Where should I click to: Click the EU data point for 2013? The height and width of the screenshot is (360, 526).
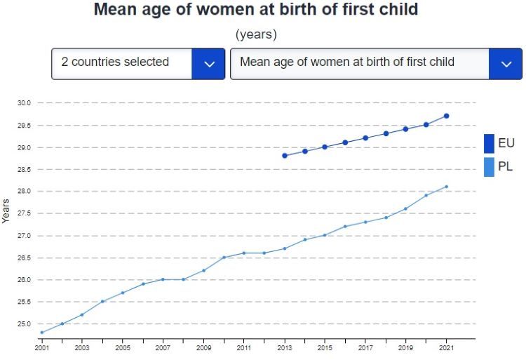(x=285, y=155)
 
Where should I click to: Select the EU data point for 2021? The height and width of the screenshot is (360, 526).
(x=446, y=116)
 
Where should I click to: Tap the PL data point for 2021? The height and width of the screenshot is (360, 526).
(x=446, y=187)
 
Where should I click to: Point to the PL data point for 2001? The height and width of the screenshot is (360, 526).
(x=42, y=333)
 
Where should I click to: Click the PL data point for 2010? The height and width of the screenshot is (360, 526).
(x=224, y=258)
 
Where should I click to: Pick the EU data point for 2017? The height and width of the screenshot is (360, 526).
(x=365, y=138)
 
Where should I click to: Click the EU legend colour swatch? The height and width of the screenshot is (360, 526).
(x=489, y=143)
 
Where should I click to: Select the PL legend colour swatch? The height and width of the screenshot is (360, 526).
(x=489, y=167)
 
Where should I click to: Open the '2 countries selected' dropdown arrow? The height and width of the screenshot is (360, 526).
(x=208, y=63)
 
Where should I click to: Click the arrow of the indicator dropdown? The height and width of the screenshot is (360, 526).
(x=506, y=63)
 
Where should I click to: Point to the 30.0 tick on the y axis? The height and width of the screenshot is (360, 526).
(x=25, y=103)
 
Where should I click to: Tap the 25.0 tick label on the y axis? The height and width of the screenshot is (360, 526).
(x=25, y=324)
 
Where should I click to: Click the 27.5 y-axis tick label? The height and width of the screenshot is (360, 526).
(x=25, y=213)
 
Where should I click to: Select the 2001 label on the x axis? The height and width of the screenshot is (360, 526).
(x=42, y=347)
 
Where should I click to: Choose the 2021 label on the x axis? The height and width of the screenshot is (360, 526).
(x=446, y=347)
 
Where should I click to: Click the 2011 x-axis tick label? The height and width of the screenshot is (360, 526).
(x=244, y=347)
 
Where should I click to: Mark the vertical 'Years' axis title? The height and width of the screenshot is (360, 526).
(x=6, y=211)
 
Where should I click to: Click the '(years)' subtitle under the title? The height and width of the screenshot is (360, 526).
(x=256, y=34)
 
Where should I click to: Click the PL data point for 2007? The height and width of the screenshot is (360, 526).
(x=163, y=279)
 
